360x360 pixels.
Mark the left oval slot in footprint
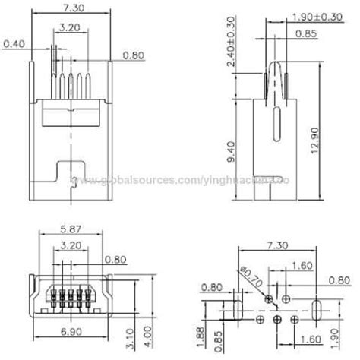click(236, 308)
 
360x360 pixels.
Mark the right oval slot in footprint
click(317, 308)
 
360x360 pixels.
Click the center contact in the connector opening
click(70, 294)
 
